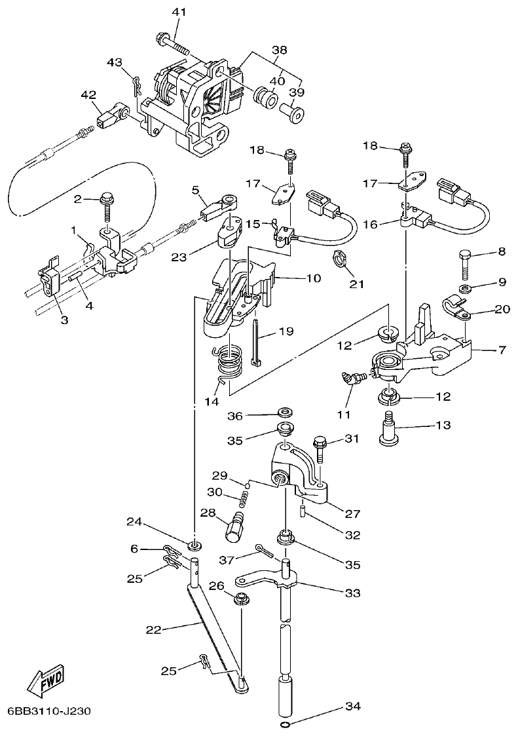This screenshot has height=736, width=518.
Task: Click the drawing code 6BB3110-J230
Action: tap(49, 711)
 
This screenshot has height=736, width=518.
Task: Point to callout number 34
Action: tap(352, 707)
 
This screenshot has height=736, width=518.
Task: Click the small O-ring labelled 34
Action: tap(284, 726)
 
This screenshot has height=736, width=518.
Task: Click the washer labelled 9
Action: tap(464, 288)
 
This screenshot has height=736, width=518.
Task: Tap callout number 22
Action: tap(153, 630)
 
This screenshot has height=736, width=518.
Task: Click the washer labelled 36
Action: tap(285, 412)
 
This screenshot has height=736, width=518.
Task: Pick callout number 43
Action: tap(115, 62)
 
